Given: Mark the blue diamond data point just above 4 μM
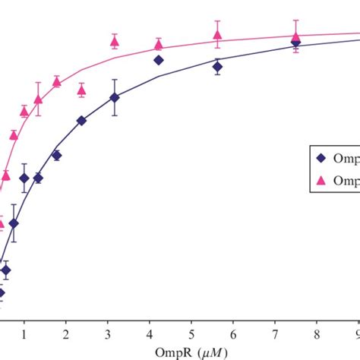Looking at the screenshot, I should coord(158,60).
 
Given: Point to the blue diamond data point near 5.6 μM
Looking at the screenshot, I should coord(217,67).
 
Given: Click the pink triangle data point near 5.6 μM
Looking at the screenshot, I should coord(217,34).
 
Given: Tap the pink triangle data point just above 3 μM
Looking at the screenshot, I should coord(115,41).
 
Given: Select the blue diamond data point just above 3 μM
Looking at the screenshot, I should coord(115,97).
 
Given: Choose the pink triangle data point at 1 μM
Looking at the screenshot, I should coord(24,111).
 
